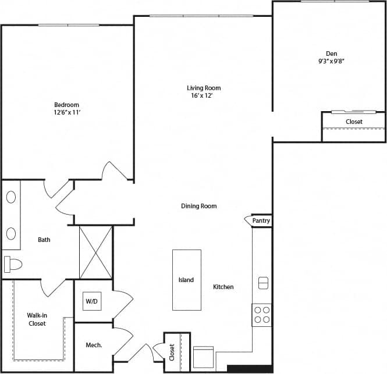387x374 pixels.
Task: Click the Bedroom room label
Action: tap(66, 105)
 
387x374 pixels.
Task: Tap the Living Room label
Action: tap(204, 88)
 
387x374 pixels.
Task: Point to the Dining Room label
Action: tap(199, 206)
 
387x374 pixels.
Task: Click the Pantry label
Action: tap(261, 221)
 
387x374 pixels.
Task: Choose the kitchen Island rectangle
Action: tap(186, 280)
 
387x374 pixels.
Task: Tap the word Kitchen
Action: tap(223, 287)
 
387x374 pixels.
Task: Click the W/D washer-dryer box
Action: tap(92, 301)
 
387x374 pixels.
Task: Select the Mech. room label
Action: tap(94, 345)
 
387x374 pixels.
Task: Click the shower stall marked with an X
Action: tap(95, 252)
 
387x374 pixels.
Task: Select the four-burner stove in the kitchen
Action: tap(262, 314)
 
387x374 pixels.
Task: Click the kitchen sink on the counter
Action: tap(262, 283)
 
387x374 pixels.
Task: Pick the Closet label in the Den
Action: tap(354, 122)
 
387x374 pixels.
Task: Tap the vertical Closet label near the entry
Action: tap(172, 352)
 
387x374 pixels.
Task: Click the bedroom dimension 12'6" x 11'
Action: tap(66, 113)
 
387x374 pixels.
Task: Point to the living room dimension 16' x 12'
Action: tap(204, 96)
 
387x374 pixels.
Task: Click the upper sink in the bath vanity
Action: tap(11, 197)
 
